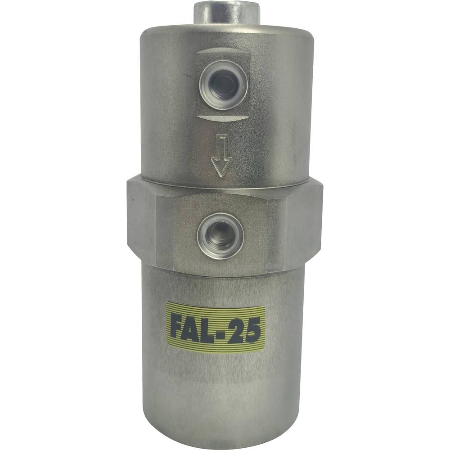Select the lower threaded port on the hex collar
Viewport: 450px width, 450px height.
[x=220, y=235]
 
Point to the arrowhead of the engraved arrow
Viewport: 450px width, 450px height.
[x=221, y=167]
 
